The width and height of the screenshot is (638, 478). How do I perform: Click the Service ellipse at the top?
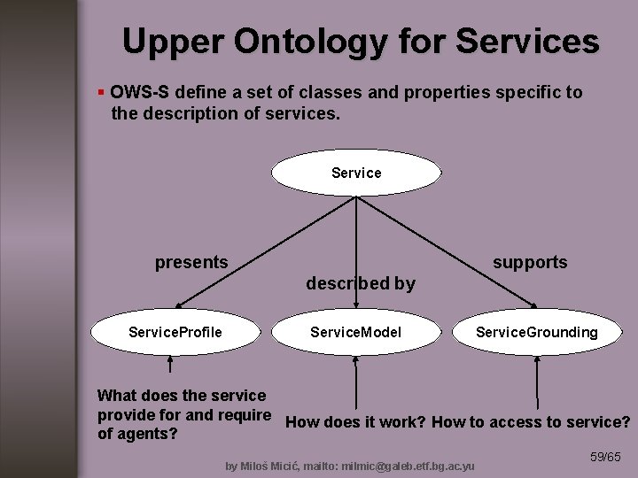pos(355,173)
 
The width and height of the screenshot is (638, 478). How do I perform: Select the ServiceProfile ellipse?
pos(175,333)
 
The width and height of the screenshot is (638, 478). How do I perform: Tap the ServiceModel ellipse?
pos(355,333)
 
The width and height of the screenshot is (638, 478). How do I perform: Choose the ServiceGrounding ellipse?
pos(536,333)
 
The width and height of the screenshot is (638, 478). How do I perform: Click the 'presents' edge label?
pos(191,262)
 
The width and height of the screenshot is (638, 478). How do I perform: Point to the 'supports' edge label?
pos(530,262)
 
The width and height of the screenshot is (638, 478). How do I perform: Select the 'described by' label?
pos(360,283)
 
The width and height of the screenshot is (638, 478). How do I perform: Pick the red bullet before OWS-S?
pos(102,93)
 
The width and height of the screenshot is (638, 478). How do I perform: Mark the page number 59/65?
pos(605,457)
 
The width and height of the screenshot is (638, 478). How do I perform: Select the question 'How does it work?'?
pos(356,422)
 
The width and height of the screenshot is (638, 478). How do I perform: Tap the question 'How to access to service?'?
pos(532,422)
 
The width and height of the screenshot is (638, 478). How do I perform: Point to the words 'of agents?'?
pos(137,435)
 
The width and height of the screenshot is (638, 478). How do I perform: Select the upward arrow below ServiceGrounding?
pos(536,385)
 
